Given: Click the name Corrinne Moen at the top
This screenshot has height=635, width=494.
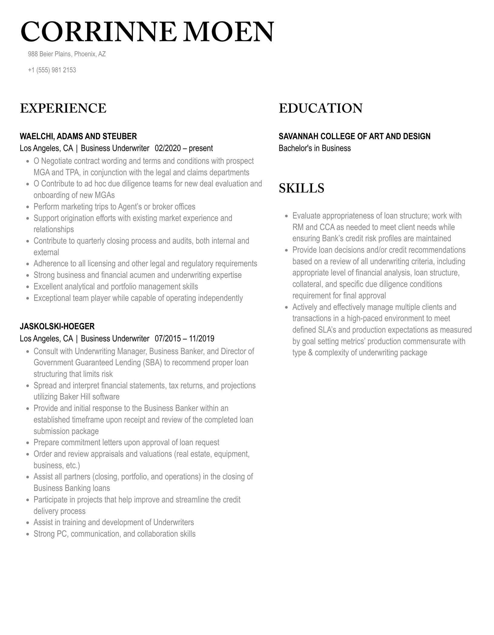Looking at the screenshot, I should tap(147, 32).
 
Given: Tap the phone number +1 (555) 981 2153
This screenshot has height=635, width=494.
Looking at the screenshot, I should tap(52, 70).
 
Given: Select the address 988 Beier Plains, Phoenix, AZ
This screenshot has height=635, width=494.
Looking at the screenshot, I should tap(67, 54).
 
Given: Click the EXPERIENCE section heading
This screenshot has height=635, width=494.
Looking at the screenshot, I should tap(63, 108).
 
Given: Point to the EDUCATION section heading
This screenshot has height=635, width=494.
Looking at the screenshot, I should tap(320, 108).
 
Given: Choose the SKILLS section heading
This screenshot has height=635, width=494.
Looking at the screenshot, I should tap(301, 188).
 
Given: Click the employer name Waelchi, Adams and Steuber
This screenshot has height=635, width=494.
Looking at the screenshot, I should tap(78, 136).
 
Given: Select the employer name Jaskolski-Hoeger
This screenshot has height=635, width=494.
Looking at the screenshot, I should tap(57, 326).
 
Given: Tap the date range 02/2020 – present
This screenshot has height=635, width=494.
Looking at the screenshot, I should tap(184, 148).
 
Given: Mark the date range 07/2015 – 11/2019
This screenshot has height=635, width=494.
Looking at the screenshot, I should tap(184, 338).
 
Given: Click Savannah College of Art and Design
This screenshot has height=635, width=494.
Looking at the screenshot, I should tap(354, 136).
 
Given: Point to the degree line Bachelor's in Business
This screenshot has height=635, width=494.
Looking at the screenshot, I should tap(315, 148).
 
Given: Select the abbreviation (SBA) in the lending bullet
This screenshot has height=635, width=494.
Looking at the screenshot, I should tap(152, 362).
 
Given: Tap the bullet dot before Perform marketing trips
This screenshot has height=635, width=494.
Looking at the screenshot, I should tap(28, 207).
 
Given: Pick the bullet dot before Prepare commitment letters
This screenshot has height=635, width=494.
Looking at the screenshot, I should tap(28, 443).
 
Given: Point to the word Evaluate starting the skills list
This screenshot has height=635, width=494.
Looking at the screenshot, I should tap(306, 216).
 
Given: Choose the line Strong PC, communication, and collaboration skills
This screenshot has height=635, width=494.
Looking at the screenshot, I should tap(114, 534).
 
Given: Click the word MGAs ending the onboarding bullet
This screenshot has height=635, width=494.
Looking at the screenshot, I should tap(105, 195).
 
